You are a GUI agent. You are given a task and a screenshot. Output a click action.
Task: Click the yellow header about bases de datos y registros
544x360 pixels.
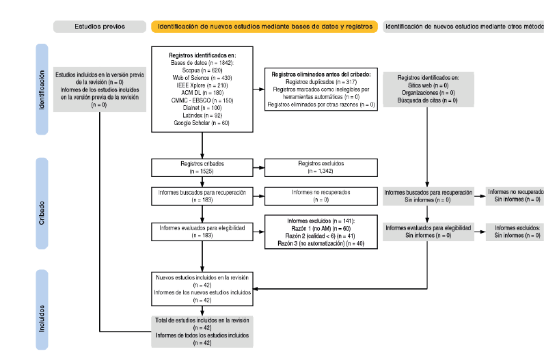point(264,27)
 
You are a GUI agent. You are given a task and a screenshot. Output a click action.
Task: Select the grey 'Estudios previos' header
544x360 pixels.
point(100,27)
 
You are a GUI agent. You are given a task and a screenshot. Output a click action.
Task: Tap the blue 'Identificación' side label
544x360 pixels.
point(42,90)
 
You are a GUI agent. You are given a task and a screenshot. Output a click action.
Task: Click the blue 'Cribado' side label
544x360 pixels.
point(42,208)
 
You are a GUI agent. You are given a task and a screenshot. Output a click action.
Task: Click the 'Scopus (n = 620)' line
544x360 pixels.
point(202,70)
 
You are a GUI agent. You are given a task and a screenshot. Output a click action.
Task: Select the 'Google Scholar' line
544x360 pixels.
point(202,124)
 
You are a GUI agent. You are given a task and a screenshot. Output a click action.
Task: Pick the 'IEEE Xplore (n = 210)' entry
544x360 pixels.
point(202,85)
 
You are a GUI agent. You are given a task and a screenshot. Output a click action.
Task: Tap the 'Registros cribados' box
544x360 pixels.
point(202,168)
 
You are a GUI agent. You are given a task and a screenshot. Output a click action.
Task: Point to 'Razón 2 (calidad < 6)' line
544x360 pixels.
point(321,236)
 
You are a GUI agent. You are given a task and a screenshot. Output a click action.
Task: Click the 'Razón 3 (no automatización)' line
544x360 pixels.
point(321,244)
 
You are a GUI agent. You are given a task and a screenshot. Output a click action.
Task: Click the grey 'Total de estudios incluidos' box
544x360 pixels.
point(202,331)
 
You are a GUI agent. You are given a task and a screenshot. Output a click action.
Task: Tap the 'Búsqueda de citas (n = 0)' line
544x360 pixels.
point(427,100)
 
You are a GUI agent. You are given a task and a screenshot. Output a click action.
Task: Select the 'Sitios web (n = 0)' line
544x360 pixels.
point(427,85)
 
